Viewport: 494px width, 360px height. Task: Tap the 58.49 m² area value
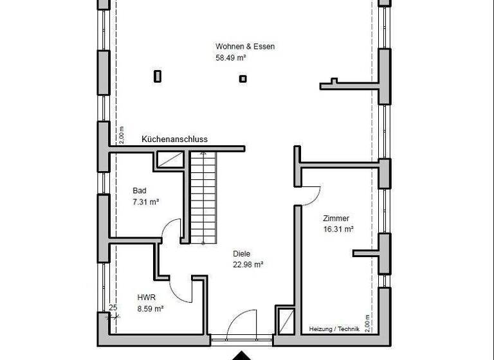point(232,57)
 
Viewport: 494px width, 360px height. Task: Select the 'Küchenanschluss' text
point(174,139)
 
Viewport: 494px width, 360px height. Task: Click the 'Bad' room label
point(140,190)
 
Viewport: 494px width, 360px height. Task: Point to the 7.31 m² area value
point(146,201)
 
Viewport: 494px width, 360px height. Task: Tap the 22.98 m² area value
point(248,264)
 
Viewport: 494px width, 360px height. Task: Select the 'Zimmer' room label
point(336,218)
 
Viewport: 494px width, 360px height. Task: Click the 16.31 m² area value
point(338,229)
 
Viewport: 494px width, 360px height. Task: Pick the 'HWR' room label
point(147,298)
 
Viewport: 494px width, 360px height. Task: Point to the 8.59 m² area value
point(151,309)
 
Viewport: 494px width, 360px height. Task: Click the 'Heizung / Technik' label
point(334,328)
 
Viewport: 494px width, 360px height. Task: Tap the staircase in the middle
point(204,196)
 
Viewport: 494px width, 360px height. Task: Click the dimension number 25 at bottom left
point(113,308)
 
